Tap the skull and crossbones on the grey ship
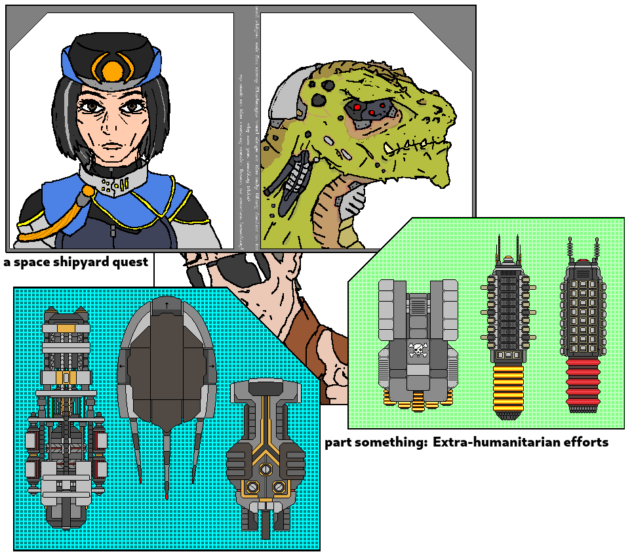(418, 350)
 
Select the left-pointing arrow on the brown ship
(123, 365)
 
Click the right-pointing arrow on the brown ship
(212, 365)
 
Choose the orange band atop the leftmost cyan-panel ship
(66, 327)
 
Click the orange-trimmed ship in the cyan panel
(265, 452)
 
